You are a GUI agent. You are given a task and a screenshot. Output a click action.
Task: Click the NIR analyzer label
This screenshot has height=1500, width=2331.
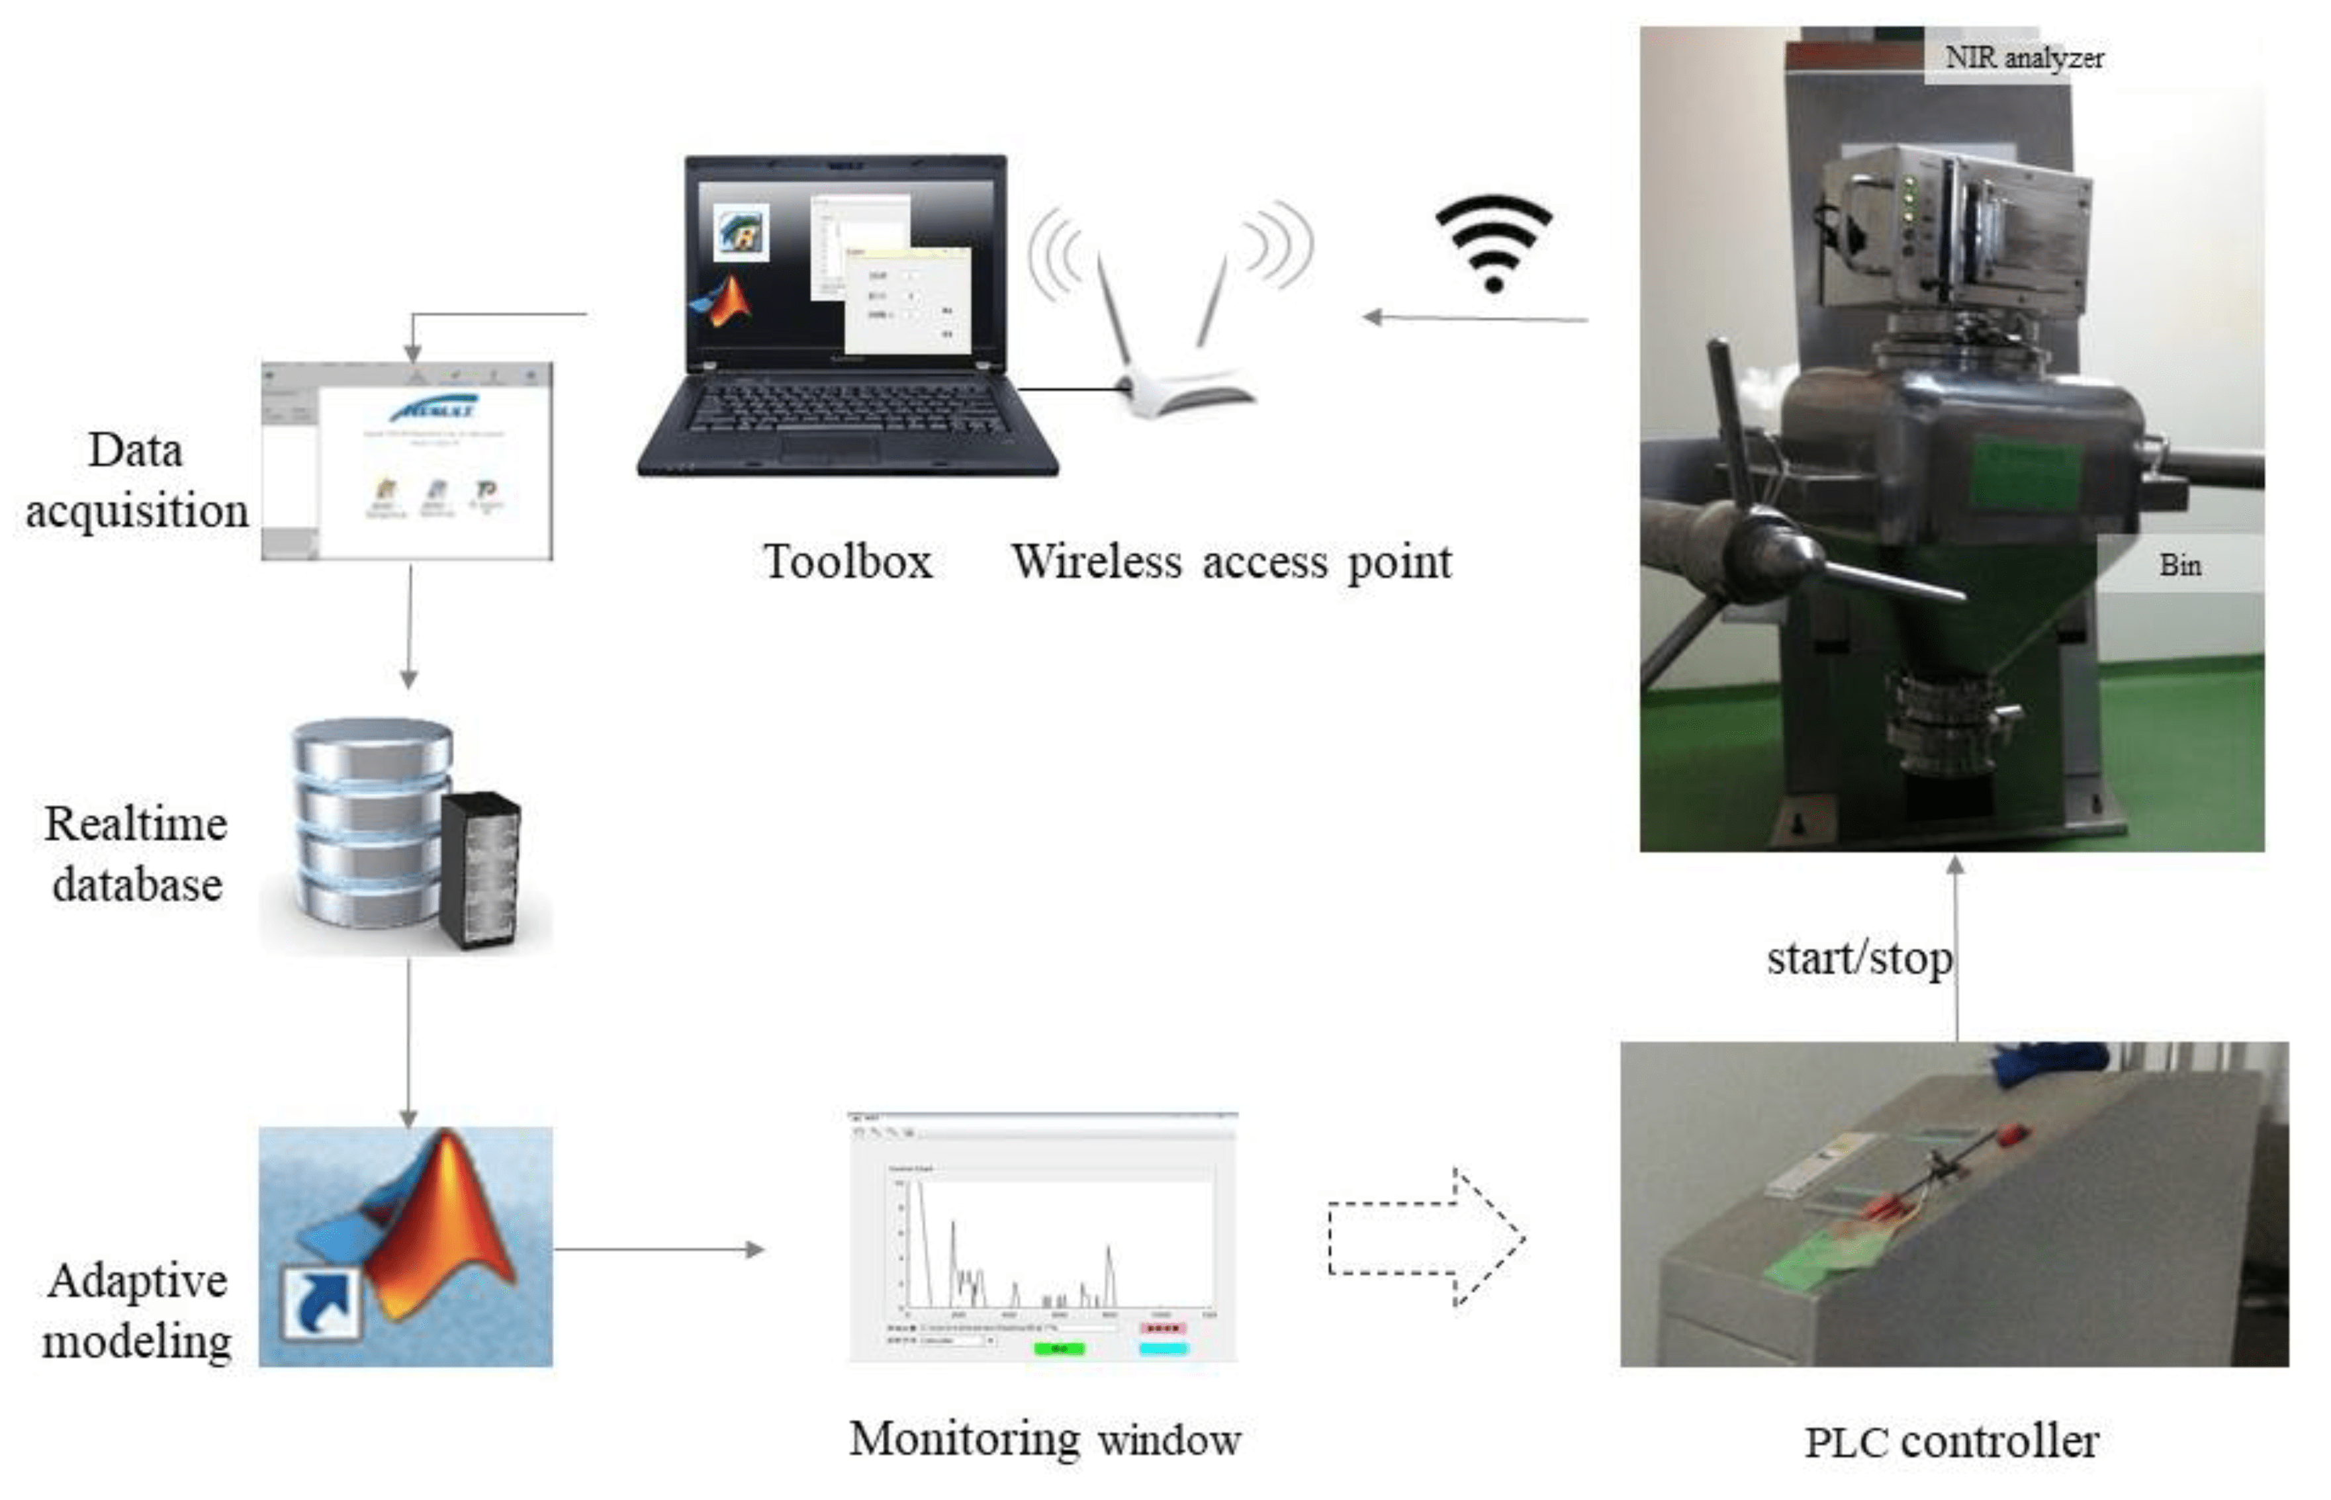2023,58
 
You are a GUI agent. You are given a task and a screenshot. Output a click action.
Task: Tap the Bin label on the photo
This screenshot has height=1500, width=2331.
2179,565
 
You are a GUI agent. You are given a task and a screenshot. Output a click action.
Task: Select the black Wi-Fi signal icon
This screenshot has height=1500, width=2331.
1493,243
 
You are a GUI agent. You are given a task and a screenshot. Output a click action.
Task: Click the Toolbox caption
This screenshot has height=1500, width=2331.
847,561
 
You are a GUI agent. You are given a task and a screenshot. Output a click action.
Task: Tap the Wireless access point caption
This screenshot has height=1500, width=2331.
1231,561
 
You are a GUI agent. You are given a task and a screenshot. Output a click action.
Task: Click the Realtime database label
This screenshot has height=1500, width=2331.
136,854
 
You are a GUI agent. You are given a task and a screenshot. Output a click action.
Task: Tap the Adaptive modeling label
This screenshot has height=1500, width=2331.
136,1310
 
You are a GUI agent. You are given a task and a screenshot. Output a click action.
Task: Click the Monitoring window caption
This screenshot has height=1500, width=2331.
1044,1438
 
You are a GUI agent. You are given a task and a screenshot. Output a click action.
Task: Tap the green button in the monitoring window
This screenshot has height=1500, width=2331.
1058,1349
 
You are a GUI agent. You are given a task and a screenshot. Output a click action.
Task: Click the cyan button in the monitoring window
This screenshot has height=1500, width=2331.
1163,1349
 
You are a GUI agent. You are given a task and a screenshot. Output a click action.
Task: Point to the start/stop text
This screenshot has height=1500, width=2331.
1858,959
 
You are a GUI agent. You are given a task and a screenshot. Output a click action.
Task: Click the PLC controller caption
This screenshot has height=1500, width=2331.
1951,1442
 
